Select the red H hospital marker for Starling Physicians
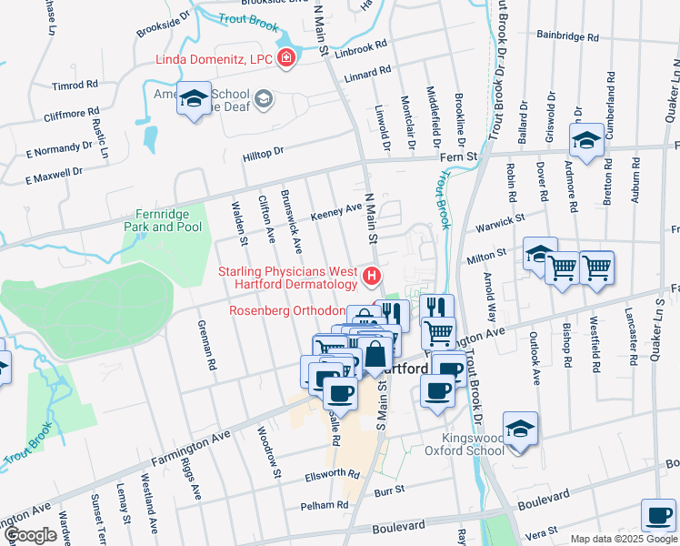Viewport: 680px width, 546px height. pyautogui.click(x=371, y=275)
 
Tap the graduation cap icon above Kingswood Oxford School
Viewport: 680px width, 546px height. pyautogui.click(x=520, y=429)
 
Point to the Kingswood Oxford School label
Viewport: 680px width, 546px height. pyautogui.click(x=465, y=443)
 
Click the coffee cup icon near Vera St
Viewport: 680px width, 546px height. pyautogui.click(x=658, y=515)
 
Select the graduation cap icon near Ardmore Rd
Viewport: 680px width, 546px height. pyautogui.click(x=586, y=141)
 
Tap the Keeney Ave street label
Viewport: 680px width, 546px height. pyautogui.click(x=336, y=212)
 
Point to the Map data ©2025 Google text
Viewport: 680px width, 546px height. pyautogui.click(x=623, y=539)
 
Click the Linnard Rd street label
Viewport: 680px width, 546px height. pyautogui.click(x=368, y=72)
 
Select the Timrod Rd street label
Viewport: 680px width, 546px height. pyautogui.click(x=75, y=86)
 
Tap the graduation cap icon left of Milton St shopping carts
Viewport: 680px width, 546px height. pyautogui.click(x=540, y=254)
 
